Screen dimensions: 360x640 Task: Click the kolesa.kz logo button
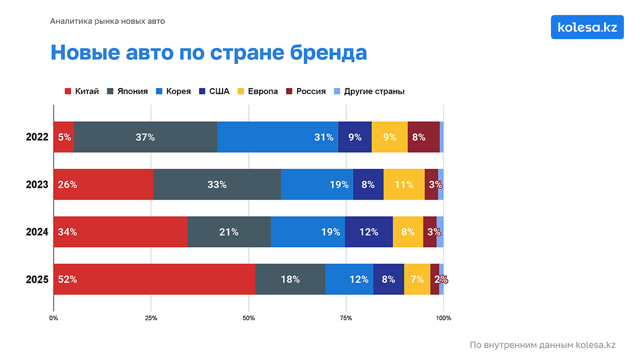coord(587,27)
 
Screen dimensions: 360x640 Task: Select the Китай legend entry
coord(82,91)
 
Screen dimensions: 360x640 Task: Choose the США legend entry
coord(214,91)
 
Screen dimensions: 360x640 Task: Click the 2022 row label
coord(37,137)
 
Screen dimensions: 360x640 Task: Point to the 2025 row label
coord(37,280)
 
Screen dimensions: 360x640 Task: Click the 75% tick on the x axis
coord(346,318)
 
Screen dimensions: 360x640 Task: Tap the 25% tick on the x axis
coord(151,318)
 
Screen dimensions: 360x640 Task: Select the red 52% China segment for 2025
coord(155,280)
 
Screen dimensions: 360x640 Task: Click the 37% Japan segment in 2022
coord(145,137)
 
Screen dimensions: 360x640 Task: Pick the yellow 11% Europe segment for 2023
coord(404,185)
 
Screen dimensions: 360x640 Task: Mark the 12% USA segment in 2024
coord(369,232)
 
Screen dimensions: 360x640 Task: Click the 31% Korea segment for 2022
coord(277,137)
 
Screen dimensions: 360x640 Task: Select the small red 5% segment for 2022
coord(64,137)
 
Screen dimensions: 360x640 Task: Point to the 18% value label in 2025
coord(290,280)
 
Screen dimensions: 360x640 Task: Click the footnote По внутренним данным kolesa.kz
coord(542,345)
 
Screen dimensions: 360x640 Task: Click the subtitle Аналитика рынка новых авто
coord(107,21)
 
